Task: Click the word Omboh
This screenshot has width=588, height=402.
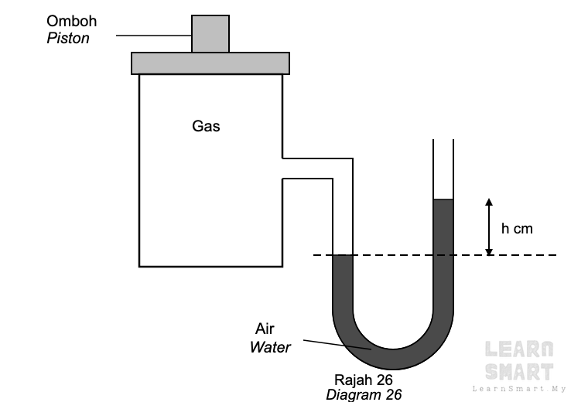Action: pyautogui.click(x=72, y=21)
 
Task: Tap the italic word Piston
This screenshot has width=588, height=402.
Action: pyautogui.click(x=68, y=38)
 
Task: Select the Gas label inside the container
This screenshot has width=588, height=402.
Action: pyautogui.click(x=206, y=126)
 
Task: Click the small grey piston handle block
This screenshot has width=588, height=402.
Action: pyautogui.click(x=210, y=34)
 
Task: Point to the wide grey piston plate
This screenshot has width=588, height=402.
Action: pyautogui.click(x=210, y=63)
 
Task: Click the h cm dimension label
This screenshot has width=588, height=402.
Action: pyautogui.click(x=517, y=229)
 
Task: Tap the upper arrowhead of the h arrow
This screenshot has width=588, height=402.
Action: pyautogui.click(x=489, y=202)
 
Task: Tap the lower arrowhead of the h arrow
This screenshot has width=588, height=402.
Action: pyautogui.click(x=489, y=252)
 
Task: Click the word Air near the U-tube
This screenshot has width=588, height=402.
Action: pyautogui.click(x=265, y=329)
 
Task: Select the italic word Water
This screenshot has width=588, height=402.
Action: pyautogui.click(x=270, y=347)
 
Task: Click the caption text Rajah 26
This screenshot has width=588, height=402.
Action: pyautogui.click(x=364, y=380)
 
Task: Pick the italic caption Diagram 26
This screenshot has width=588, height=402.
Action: pyautogui.click(x=364, y=395)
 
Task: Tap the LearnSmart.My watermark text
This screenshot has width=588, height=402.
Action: pyautogui.click(x=519, y=389)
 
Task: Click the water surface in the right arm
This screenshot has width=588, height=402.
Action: pyautogui.click(x=443, y=199)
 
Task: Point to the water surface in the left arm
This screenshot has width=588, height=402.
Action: pyautogui.click(x=343, y=255)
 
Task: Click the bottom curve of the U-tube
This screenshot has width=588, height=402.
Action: pyautogui.click(x=393, y=359)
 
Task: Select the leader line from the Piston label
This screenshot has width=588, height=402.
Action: pyautogui.click(x=154, y=36)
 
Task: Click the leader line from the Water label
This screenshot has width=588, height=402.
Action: pyautogui.click(x=337, y=345)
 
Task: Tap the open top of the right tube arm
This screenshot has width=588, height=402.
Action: pyautogui.click(x=443, y=140)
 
